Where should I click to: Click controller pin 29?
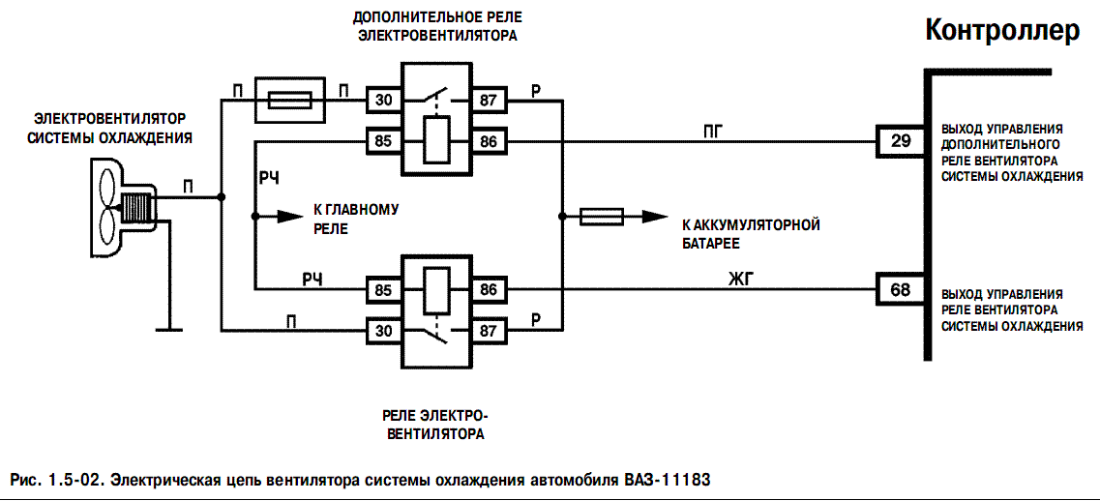point(901,142)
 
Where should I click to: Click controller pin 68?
point(901,288)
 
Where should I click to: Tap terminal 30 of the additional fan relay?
point(384,99)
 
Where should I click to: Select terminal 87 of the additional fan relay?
point(487,99)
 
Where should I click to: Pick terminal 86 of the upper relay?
point(487,142)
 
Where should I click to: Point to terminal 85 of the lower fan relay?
point(384,288)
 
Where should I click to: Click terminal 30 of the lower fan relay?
point(384,332)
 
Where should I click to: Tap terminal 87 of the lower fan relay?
point(487,332)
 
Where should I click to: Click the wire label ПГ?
point(715,130)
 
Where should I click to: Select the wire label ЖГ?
point(740,280)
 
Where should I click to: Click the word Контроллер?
point(1001,31)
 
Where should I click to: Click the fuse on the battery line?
point(601,217)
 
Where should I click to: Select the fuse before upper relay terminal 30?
point(289,99)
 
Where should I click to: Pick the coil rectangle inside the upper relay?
point(435,140)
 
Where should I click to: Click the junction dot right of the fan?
point(222,196)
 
